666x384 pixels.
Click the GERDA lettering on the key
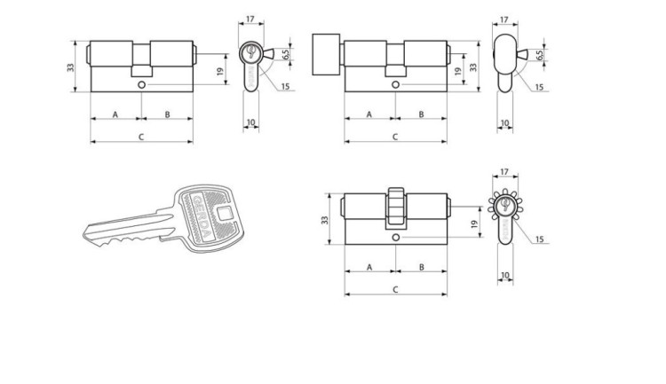tap(202, 218)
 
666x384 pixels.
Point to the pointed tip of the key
tap(84, 232)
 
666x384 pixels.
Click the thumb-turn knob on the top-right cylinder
tap(326, 54)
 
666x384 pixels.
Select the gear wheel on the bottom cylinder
tap(395, 206)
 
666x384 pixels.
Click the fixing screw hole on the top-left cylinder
tap(141, 85)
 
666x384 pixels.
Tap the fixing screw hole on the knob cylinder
tap(395, 85)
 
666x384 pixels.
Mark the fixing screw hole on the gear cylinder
tap(395, 238)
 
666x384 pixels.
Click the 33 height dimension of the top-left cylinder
tap(70, 67)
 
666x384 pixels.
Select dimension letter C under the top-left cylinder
tap(141, 137)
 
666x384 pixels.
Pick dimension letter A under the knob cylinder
tap(369, 114)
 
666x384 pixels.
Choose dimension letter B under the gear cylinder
tap(421, 267)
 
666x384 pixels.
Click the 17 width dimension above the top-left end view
tap(250, 20)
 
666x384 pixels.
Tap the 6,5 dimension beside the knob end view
tap(539, 55)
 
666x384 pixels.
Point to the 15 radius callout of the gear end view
tap(539, 239)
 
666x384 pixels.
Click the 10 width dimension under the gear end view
tap(504, 276)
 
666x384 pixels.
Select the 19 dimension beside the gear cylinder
tap(475, 223)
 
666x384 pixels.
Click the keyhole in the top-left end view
tap(250, 51)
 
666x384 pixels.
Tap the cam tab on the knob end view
tap(522, 54)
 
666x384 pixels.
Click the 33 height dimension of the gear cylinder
tap(324, 220)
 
